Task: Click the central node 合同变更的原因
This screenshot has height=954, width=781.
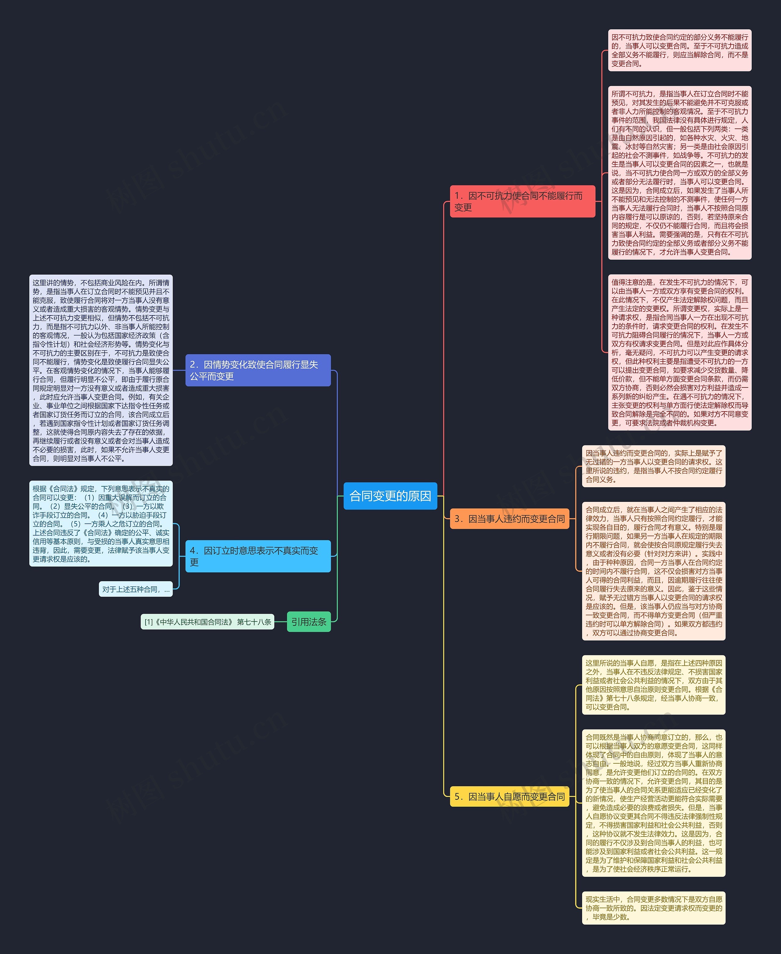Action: click(390, 496)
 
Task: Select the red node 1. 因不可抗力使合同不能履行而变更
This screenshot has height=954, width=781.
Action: click(522, 201)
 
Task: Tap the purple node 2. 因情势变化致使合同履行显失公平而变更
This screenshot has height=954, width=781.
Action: click(258, 370)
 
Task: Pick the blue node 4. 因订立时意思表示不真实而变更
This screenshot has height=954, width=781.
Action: click(258, 556)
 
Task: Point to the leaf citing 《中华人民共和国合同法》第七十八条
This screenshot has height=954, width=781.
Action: click(207, 622)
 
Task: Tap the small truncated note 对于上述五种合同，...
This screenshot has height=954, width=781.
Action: click(135, 589)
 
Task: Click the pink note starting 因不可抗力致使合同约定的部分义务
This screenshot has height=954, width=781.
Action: click(679, 50)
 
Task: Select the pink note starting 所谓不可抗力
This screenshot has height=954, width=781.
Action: click(679, 173)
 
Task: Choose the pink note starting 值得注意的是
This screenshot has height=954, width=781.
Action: click(679, 352)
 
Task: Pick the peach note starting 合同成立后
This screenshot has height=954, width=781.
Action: click(653, 571)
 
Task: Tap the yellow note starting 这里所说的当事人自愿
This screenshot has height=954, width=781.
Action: click(653, 685)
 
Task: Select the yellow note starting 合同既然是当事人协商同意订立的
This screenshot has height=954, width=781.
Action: click(653, 803)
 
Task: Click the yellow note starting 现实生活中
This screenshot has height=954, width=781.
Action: click(653, 908)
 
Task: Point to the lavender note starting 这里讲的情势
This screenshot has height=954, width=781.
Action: click(101, 370)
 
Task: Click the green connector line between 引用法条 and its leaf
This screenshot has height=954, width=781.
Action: click(280, 622)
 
